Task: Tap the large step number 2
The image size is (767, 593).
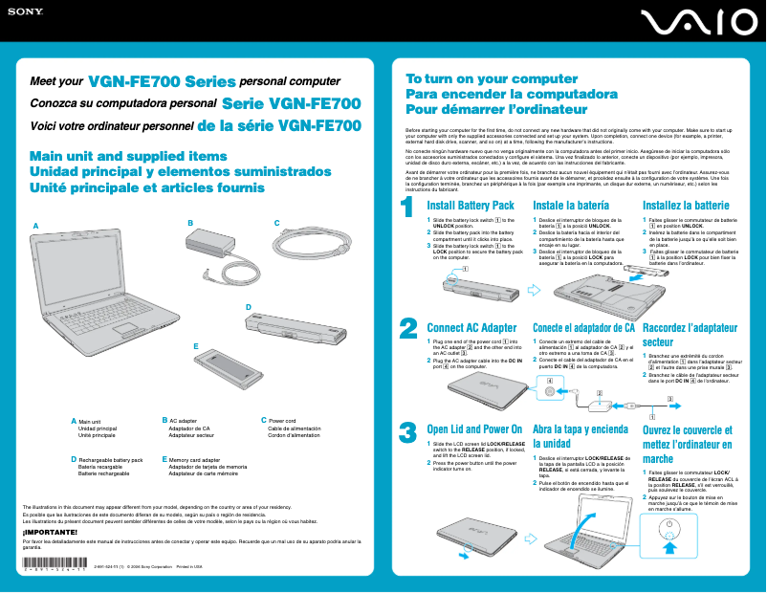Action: [x=408, y=328]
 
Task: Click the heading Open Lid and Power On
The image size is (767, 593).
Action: [x=474, y=429]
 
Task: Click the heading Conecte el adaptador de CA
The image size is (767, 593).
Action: [x=583, y=328]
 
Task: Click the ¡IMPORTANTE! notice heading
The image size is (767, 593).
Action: [x=50, y=532]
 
